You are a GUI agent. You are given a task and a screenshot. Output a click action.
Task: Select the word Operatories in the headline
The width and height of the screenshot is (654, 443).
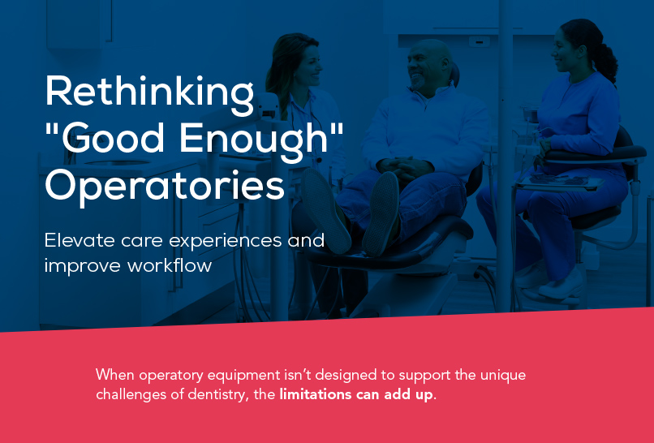(x=165, y=187)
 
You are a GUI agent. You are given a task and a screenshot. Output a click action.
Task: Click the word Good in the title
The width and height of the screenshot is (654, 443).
(x=113, y=139)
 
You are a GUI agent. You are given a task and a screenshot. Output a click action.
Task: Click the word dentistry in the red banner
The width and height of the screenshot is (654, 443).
(x=216, y=394)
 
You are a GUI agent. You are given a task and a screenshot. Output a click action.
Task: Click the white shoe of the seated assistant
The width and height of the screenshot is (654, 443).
(x=561, y=285)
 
